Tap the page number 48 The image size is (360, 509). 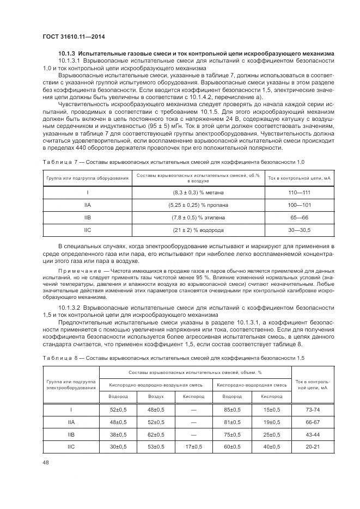(46, 463)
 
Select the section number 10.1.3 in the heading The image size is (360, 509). (68, 53)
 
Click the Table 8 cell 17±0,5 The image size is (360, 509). (193, 447)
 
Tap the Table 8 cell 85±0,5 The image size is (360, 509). (232, 409)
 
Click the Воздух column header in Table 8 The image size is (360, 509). (156, 396)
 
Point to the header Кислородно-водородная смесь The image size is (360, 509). (252, 385)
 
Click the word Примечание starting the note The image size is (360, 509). (80, 271)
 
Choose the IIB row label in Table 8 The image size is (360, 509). (71, 434)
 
